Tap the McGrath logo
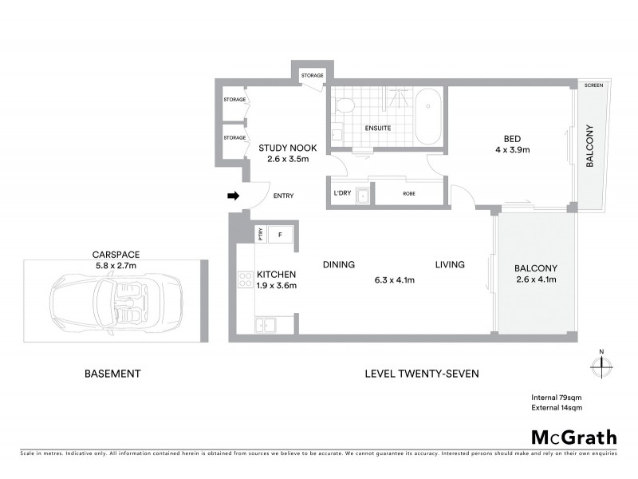[x=573, y=437]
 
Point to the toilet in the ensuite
[x=344, y=105]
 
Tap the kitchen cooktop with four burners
[x=245, y=280]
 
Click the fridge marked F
[x=280, y=235]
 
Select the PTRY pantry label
[x=260, y=235]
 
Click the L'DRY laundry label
[x=342, y=193]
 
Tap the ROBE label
[x=409, y=193]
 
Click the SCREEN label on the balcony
[x=593, y=85]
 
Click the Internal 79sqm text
[x=557, y=398]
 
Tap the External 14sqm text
[x=557, y=408]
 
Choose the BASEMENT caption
[x=112, y=373]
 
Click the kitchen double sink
[x=264, y=324]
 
